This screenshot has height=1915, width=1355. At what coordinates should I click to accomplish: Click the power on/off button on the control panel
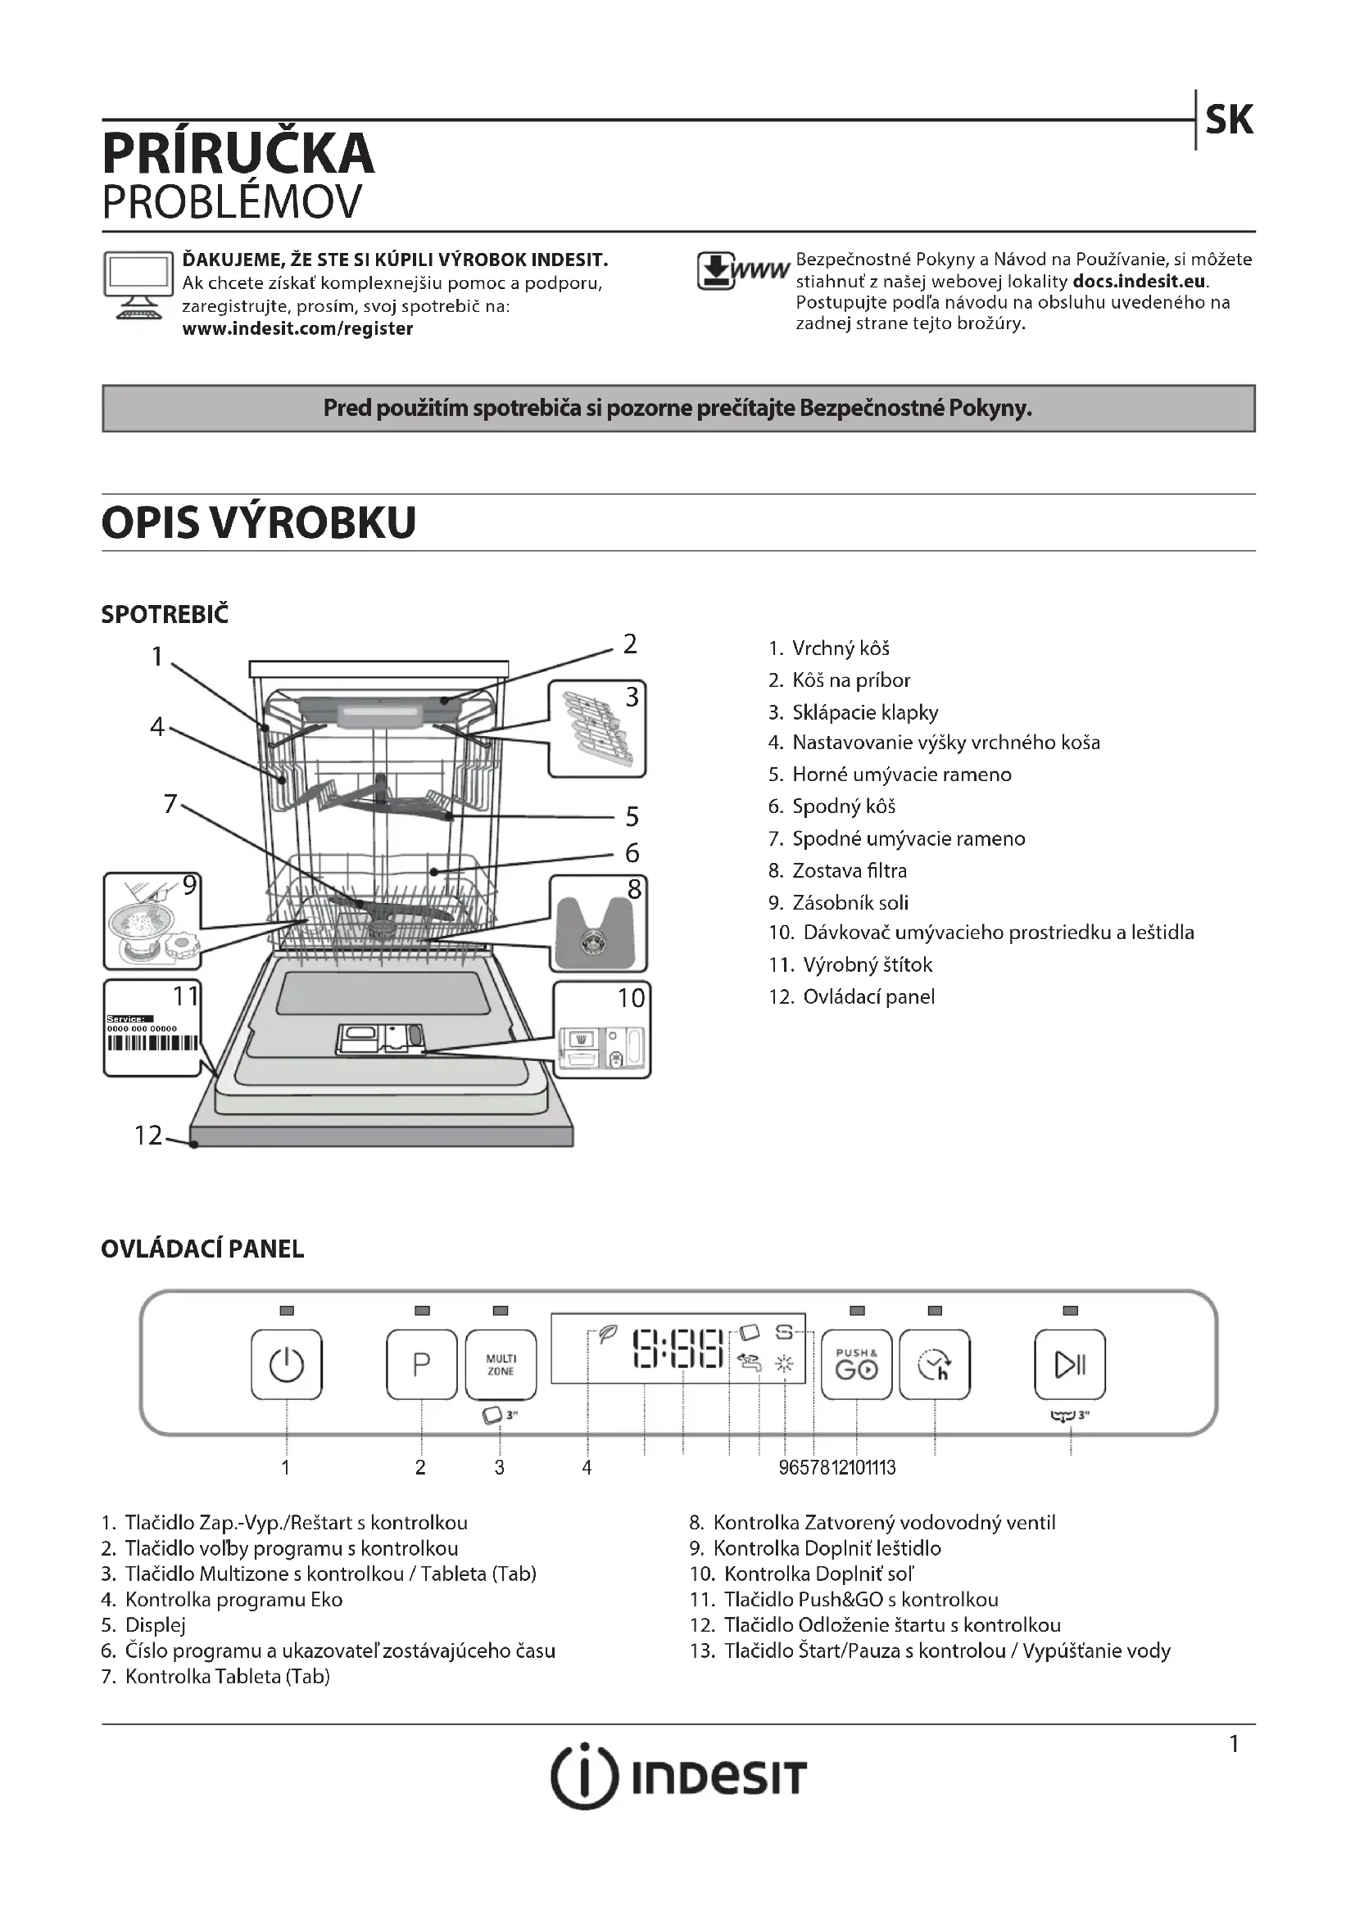[286, 1365]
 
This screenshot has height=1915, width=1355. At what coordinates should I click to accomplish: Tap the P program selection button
[421, 1365]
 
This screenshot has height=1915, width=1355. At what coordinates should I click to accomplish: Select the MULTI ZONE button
[501, 1365]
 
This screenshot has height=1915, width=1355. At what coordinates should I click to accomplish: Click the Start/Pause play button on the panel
[1070, 1365]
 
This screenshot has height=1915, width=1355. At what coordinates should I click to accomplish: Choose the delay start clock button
[935, 1365]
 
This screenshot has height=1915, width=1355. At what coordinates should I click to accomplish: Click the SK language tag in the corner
[1228, 120]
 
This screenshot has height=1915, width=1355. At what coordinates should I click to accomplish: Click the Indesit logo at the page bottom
[677, 1777]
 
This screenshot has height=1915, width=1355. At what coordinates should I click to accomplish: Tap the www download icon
[741, 271]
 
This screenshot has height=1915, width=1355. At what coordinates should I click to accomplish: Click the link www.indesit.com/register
[297, 328]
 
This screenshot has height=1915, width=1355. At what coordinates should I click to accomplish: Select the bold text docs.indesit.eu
[1139, 281]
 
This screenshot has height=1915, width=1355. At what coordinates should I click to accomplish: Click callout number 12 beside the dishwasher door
[147, 1135]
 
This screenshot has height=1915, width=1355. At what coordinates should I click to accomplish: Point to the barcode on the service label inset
[152, 1043]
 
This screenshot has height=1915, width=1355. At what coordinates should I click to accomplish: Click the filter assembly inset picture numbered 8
[597, 924]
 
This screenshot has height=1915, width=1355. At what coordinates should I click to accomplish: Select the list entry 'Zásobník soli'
[850, 902]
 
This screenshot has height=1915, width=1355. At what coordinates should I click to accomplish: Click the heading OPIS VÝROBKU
[259, 523]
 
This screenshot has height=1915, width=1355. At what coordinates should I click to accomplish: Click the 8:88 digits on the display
[677, 1348]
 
